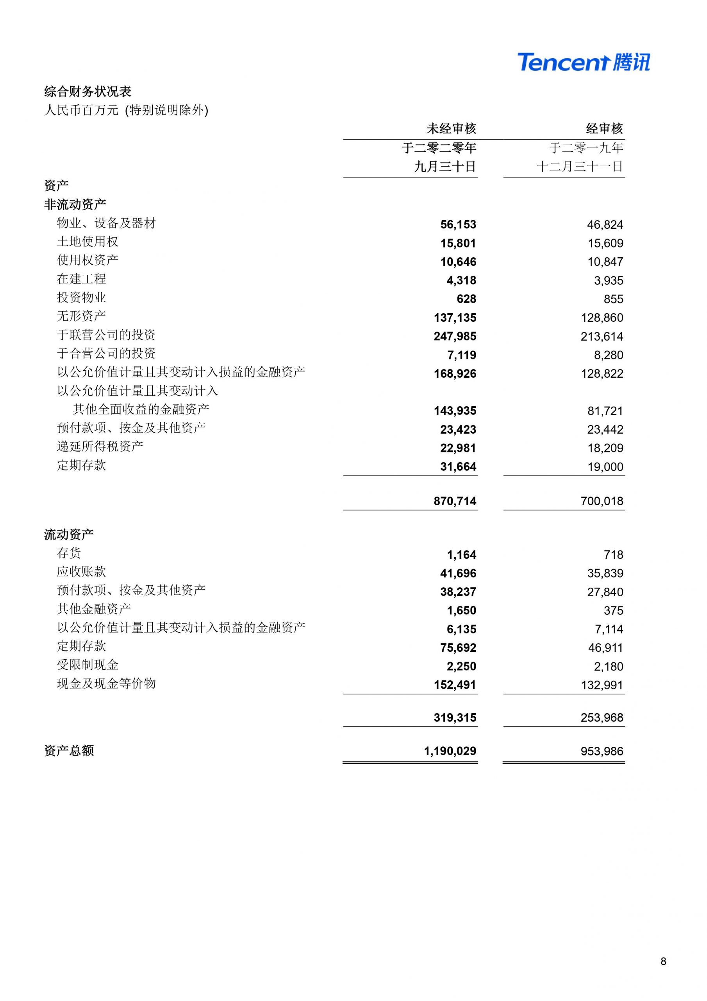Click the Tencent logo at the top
coord(583,62)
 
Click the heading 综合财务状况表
coord(87,91)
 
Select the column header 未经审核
coord(451,129)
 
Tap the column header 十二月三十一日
coord(579,167)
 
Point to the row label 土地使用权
coord(87,242)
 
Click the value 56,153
coord(458,224)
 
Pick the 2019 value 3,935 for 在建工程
coord(608,280)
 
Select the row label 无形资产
coord(82,316)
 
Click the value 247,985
coord(455,336)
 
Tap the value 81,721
coord(605,411)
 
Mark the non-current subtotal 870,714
coord(455,501)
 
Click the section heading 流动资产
coord(69,534)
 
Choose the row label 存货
coord(69,553)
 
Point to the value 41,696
coord(458,573)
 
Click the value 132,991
coord(602,685)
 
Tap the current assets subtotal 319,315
coord(455,718)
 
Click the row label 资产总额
coord(69,751)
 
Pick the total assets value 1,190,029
coord(450,751)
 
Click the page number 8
coord(663,962)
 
